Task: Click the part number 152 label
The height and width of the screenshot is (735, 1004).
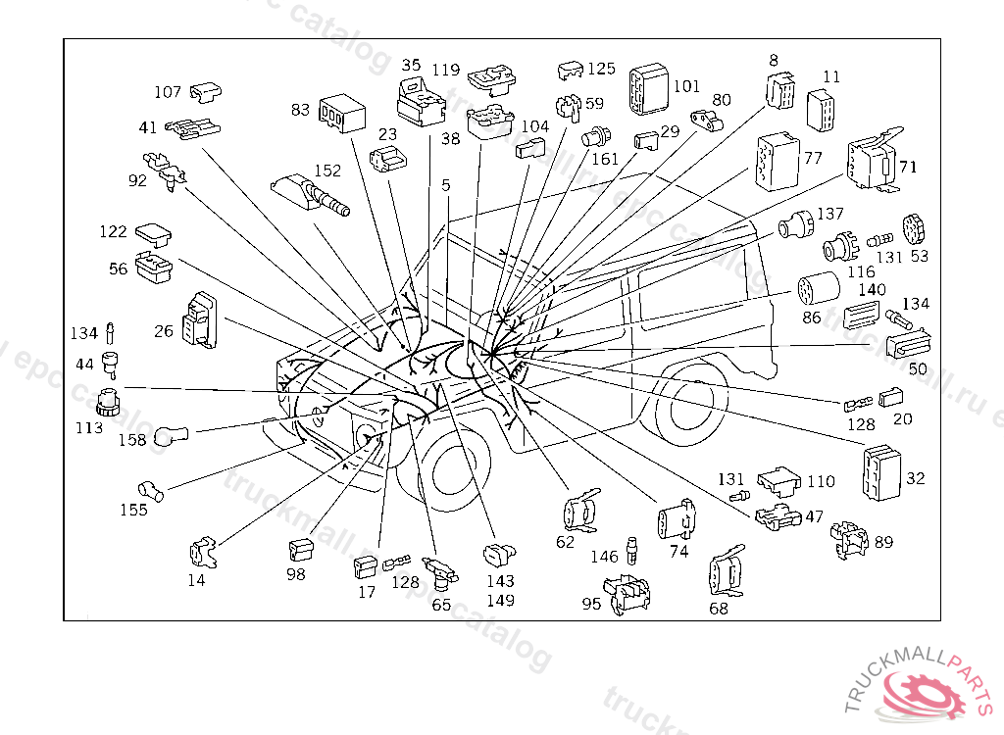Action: tap(327, 171)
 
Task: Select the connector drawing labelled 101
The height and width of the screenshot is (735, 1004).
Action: tap(649, 89)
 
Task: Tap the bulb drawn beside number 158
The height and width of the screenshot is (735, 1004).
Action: tap(172, 436)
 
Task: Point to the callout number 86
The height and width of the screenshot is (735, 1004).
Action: tap(811, 317)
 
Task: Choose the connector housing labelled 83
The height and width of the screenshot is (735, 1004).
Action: tap(342, 114)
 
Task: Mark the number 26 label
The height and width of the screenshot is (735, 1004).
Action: tap(164, 331)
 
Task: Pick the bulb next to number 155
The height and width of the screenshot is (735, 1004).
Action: tap(152, 490)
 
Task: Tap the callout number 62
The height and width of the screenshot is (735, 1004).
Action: tap(565, 542)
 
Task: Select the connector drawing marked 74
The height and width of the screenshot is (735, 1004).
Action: tap(677, 519)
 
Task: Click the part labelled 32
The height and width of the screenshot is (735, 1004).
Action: tap(881, 471)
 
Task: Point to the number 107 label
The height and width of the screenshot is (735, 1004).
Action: tap(168, 92)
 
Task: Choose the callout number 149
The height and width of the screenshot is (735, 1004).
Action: tap(500, 601)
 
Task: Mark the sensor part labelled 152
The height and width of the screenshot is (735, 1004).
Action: tap(311, 194)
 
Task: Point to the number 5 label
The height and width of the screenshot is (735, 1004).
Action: tap(446, 185)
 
